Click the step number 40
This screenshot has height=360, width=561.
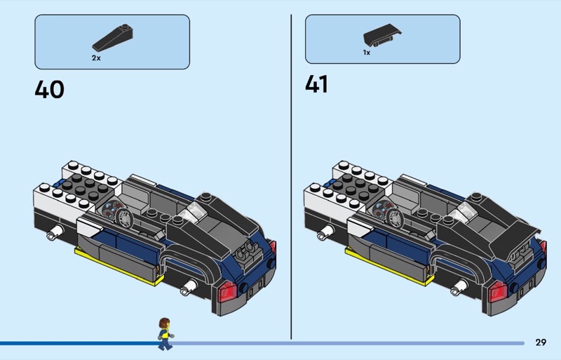coord(49,89)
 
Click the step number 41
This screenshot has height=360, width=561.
coord(316,84)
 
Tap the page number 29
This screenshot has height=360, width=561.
coord(540,342)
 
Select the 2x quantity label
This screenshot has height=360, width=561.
coord(96,58)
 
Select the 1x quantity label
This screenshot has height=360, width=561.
coord(366,53)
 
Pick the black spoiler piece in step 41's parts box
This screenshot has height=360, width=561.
coord(381,36)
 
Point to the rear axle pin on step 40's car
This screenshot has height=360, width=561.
coord(187,286)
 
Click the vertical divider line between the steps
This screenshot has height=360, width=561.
coord(291,175)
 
